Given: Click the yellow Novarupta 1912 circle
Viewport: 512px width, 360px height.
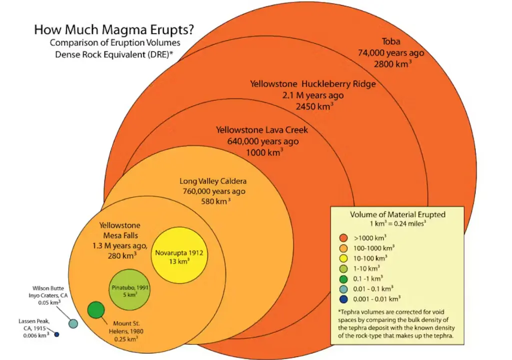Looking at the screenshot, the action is click(x=179, y=255).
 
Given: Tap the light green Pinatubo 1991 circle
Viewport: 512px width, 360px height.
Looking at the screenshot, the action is click(x=129, y=290).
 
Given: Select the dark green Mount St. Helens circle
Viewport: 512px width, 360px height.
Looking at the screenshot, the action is click(x=96, y=310).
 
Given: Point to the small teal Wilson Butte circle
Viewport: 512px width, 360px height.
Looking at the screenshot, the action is click(x=73, y=324).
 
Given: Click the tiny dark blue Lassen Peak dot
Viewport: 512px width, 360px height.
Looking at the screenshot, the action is click(x=57, y=334).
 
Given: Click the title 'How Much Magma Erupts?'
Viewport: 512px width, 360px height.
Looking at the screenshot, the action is click(x=114, y=29).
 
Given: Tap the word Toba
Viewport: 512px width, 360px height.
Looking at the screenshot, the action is click(x=391, y=41).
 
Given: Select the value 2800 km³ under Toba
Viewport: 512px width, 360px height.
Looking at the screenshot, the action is click(x=393, y=63).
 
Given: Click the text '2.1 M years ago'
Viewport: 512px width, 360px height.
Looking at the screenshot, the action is click(x=313, y=95).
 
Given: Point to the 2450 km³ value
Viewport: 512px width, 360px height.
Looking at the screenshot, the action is click(x=315, y=106).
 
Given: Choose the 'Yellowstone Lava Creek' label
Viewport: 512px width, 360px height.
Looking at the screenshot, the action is click(x=262, y=130).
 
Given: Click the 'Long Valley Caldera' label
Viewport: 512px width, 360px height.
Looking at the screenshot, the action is click(x=213, y=181).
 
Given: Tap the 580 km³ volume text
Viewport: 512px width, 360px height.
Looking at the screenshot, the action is click(x=215, y=201).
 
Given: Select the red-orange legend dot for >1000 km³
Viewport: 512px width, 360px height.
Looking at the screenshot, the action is click(x=343, y=238).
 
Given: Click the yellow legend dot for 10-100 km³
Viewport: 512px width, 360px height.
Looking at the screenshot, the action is click(x=343, y=258).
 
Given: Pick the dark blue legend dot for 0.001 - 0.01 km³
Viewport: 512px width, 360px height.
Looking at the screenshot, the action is click(x=343, y=299).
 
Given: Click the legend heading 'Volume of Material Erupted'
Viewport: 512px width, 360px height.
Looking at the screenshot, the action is click(x=398, y=214).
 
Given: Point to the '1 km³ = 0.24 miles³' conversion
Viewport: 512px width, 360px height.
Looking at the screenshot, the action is click(x=398, y=224).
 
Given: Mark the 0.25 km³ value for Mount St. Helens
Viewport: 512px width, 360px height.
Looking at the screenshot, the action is click(x=126, y=339).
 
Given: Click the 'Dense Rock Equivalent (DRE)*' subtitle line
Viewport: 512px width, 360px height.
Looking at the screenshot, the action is click(x=113, y=54).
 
